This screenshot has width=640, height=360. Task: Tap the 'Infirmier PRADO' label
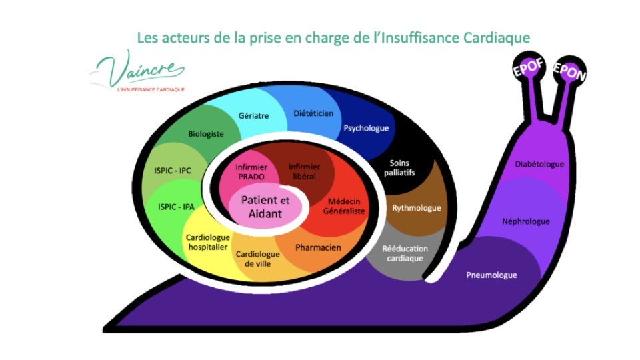(x=251, y=171)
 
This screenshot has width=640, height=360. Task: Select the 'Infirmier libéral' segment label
(x=303, y=171)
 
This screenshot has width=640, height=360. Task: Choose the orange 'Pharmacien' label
(x=318, y=247)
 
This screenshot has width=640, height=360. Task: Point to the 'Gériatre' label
(x=253, y=115)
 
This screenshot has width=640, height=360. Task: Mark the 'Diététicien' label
(x=313, y=113)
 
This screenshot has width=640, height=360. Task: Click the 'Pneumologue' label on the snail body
(x=492, y=275)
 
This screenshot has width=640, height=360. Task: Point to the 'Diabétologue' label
(x=540, y=164)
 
